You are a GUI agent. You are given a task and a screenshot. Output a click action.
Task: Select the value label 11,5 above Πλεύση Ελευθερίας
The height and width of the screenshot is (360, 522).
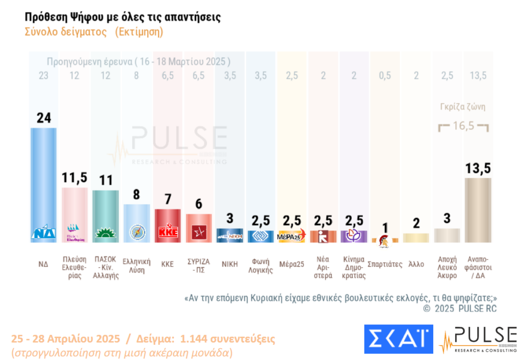(74, 177)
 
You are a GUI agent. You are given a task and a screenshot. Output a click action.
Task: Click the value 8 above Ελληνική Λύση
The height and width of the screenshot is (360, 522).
(137, 194)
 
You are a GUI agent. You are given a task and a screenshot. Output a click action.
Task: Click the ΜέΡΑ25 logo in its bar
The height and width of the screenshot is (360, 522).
(291, 236)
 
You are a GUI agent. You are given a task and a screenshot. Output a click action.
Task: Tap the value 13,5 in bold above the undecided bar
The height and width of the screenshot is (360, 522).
(478, 167)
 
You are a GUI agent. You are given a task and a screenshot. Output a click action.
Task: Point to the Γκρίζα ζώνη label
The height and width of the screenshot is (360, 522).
(463, 108)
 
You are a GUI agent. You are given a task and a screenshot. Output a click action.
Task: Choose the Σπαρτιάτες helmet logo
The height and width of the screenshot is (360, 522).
(384, 240)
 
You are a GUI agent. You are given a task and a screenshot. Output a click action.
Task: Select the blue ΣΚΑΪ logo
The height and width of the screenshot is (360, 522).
(398, 339)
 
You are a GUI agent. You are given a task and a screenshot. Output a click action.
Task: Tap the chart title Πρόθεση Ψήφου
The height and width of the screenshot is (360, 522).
(123, 17)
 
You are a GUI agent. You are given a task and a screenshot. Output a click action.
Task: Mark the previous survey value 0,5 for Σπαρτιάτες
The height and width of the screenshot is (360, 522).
(385, 75)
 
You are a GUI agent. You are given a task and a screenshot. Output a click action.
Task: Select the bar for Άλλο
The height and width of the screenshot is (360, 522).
(416, 238)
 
